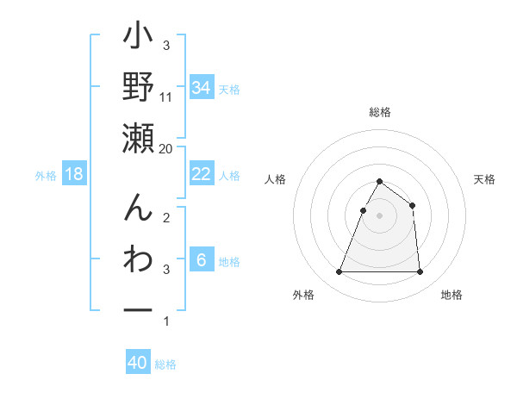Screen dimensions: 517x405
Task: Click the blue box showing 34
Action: [201, 88]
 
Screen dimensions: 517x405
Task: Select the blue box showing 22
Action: [201, 174]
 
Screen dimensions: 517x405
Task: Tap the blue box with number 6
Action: [201, 260]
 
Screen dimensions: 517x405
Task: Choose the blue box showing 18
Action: [74, 174]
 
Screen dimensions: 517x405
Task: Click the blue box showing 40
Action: [138, 363]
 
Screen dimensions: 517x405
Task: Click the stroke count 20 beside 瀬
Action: [166, 149]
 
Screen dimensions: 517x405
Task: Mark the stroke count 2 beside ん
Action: [166, 217]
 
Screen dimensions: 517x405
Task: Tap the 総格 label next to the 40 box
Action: [165, 364]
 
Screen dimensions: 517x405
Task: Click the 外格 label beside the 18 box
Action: [46, 176]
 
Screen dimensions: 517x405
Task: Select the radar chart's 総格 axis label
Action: [379, 112]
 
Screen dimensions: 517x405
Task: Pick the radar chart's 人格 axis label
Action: [276, 180]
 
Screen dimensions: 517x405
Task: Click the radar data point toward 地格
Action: [420, 272]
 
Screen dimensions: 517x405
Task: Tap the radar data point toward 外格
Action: [339, 272]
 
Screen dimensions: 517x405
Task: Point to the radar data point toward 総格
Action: [379, 181]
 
